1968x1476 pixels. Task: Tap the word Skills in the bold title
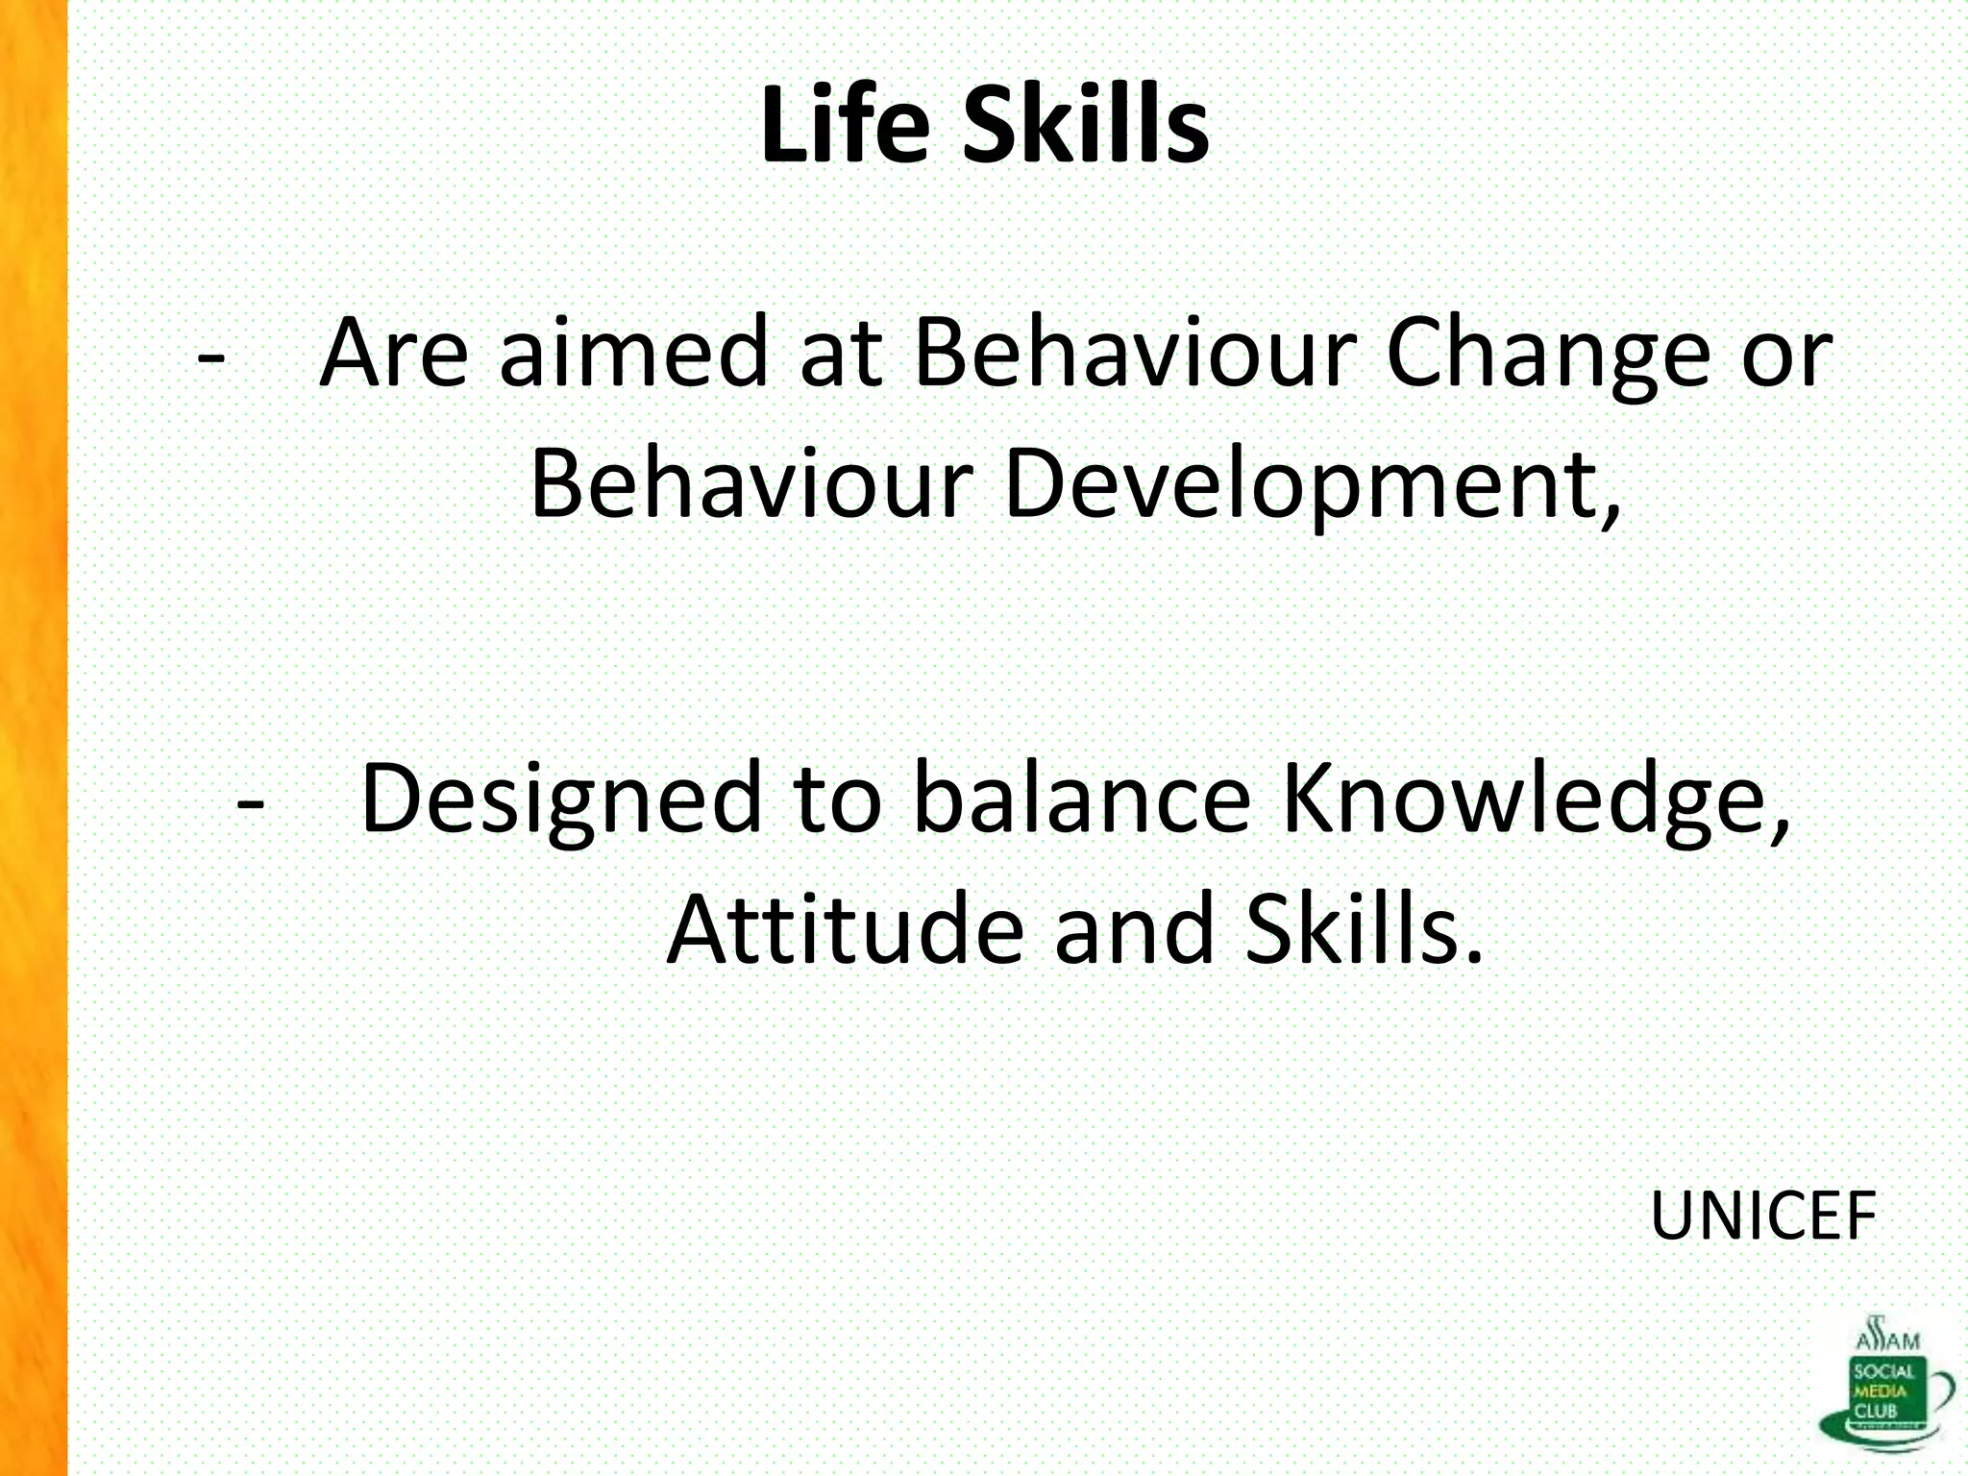coord(1085,125)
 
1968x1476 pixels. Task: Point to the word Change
coord(1548,356)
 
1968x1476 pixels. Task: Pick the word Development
coord(1312,485)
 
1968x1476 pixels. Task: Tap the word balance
coord(1081,798)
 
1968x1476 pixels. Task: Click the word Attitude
coord(846,929)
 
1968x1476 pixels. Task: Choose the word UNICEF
coord(1763,1216)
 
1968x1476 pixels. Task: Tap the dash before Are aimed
coord(211,356)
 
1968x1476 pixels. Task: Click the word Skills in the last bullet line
coord(1364,929)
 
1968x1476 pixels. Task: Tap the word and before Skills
coord(1135,929)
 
